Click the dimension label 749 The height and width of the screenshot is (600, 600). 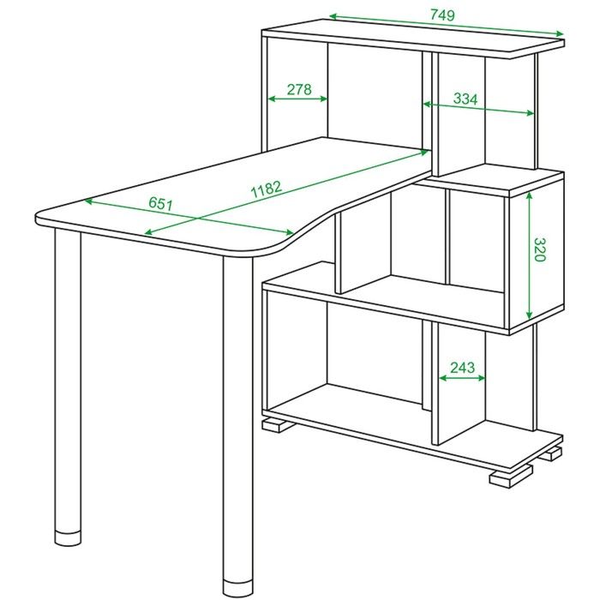442,15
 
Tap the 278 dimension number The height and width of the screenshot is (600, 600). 299,89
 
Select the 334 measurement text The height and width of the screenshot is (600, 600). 465,99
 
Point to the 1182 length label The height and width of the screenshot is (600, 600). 267,189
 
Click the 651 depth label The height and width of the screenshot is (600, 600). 161,204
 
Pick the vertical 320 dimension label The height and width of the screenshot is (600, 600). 539,249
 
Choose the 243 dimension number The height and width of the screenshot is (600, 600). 462,368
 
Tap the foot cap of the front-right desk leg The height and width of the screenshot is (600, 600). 237,590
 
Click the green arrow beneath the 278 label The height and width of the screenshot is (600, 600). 297,99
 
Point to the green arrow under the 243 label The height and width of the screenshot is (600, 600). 462,378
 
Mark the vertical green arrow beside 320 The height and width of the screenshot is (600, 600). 529,255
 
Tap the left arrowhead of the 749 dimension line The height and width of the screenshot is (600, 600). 333,16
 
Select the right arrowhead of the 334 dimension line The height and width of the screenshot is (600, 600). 530,113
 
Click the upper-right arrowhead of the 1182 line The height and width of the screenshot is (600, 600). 424,152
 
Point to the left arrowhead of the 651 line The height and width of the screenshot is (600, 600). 88,200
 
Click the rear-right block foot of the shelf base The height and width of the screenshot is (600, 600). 554,453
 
